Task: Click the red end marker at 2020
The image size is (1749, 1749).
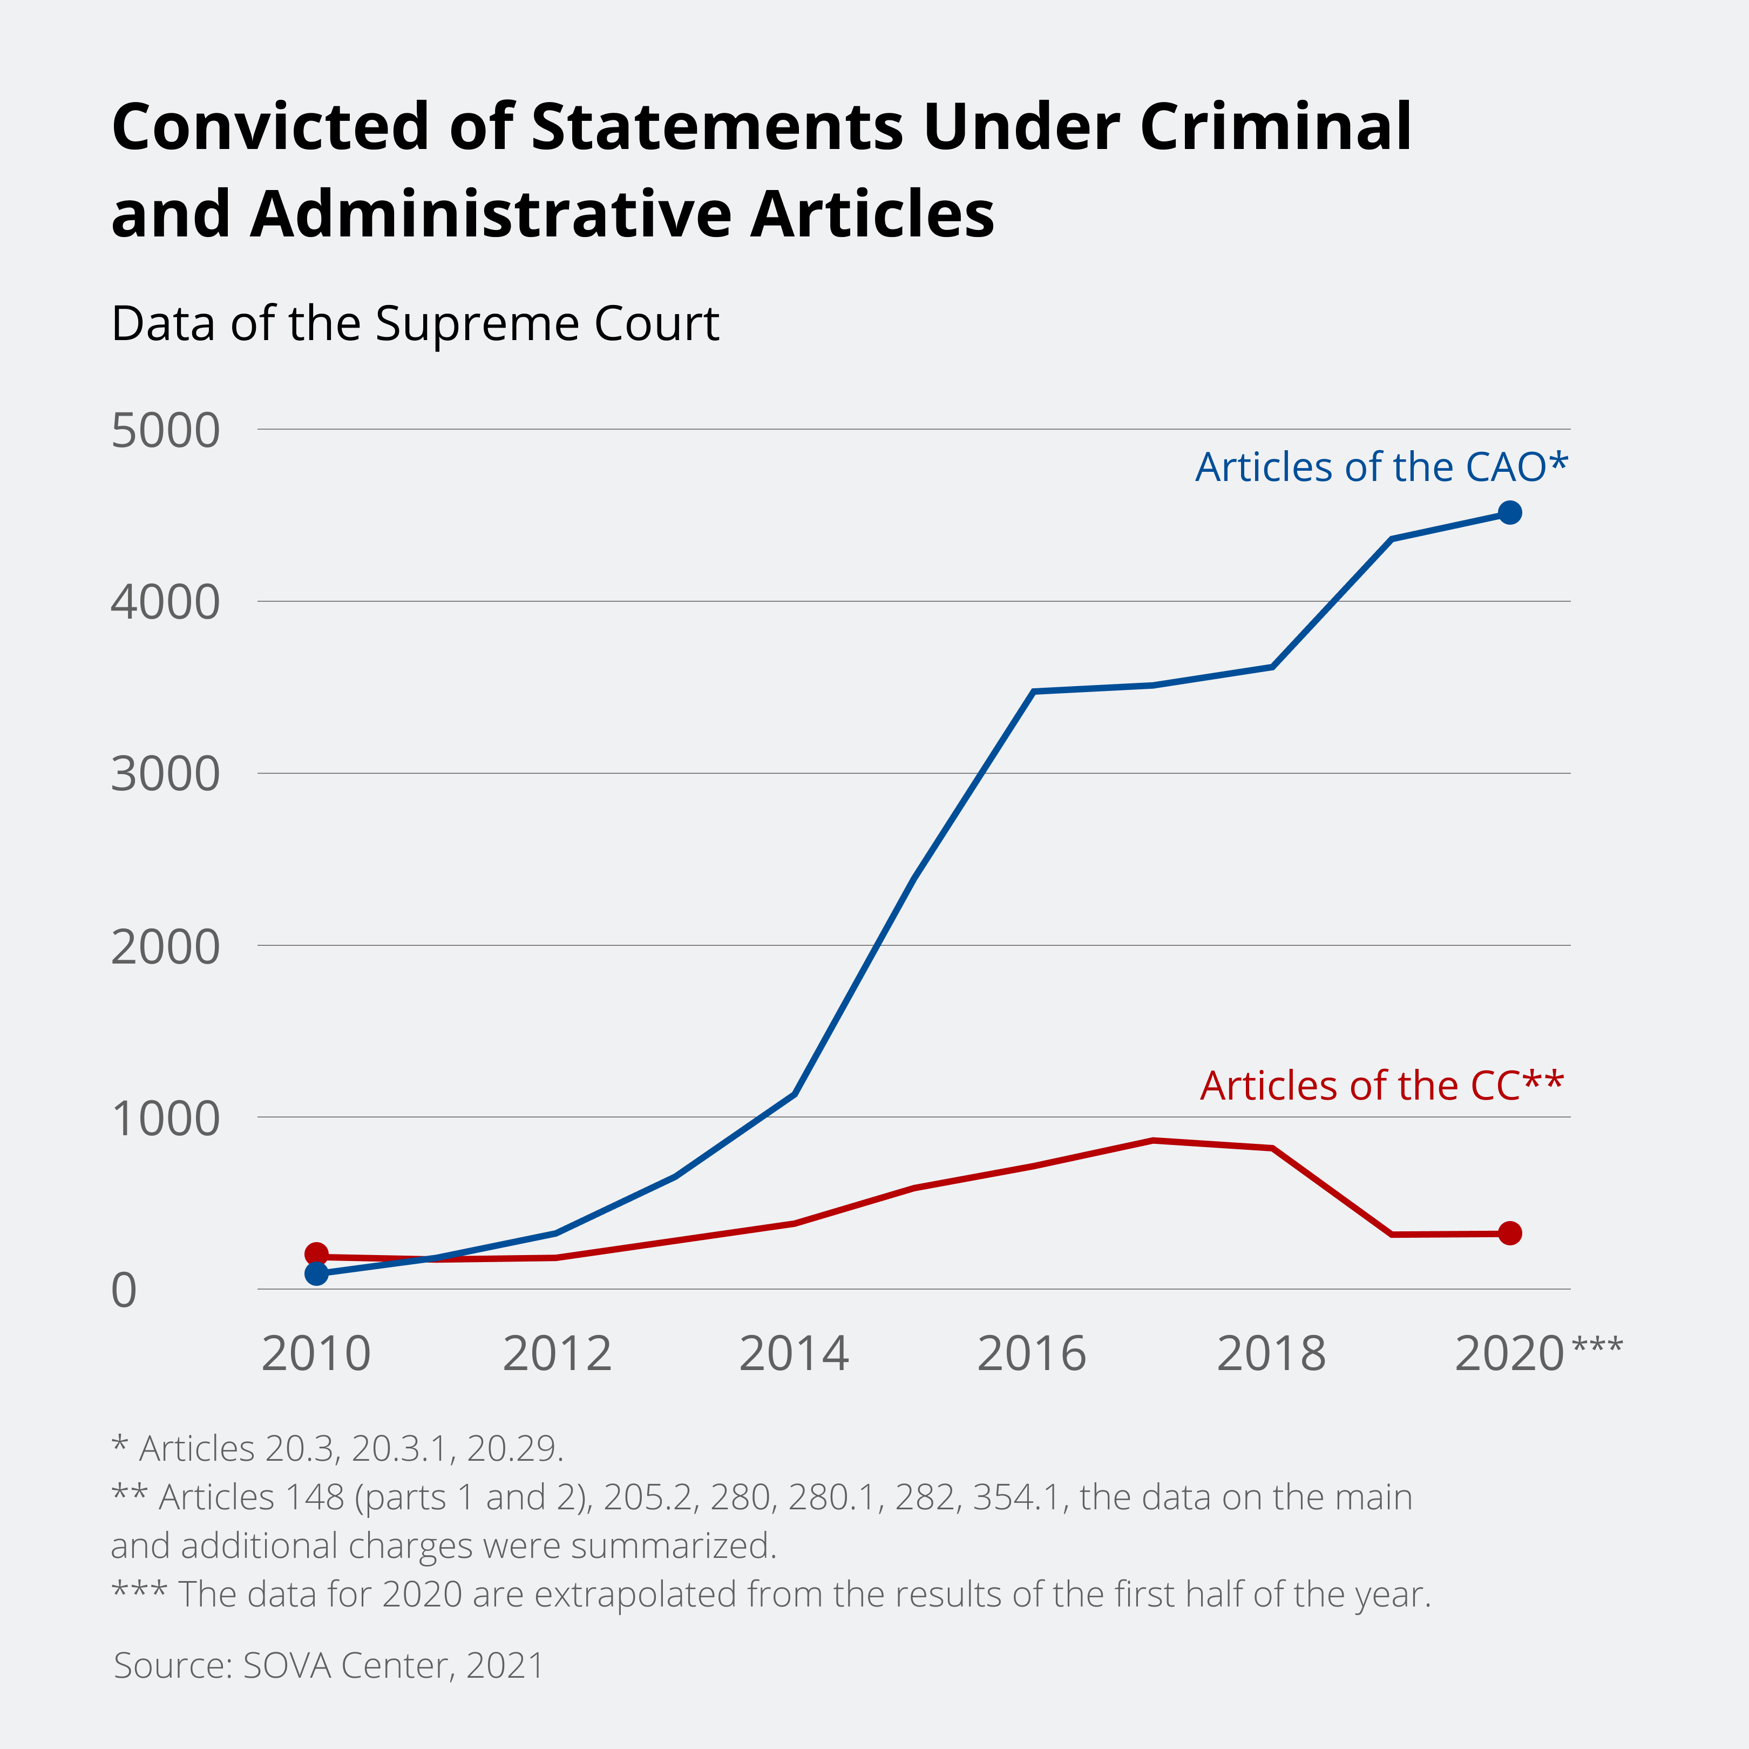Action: [x=1509, y=1233]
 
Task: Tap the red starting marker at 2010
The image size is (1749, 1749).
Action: [x=316, y=1254]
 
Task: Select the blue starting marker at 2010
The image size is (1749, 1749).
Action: [x=316, y=1274]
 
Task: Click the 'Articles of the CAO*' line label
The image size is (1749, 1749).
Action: [x=1380, y=467]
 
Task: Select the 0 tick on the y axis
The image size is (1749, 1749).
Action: [x=124, y=1290]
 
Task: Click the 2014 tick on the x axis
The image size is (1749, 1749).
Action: [x=794, y=1354]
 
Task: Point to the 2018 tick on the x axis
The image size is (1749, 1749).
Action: [x=1271, y=1354]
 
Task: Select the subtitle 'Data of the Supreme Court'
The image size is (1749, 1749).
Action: [x=415, y=323]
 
